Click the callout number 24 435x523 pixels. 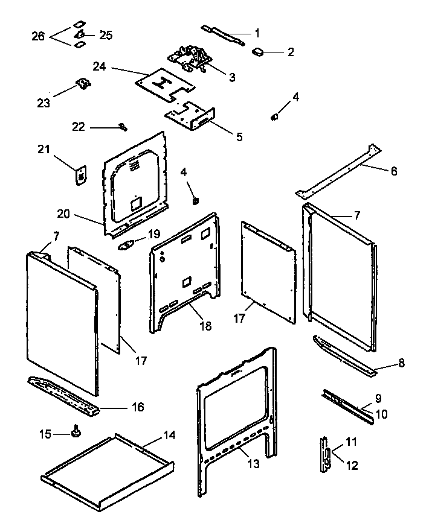(99, 67)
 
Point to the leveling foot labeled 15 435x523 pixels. (77, 433)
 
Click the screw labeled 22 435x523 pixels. (123, 127)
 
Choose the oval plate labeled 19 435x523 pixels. (128, 244)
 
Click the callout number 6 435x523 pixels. (393, 171)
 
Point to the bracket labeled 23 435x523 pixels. (83, 85)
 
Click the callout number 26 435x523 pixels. (38, 36)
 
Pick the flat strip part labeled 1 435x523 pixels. (224, 37)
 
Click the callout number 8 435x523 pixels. (401, 363)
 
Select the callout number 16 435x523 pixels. (137, 407)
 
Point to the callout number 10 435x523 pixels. (382, 414)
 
